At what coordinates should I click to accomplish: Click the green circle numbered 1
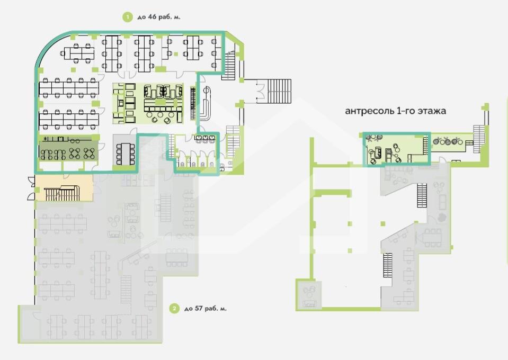click(128, 17)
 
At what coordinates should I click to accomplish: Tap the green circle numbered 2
click(174, 309)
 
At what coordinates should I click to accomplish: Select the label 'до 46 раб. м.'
click(159, 17)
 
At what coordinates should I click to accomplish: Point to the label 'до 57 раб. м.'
click(206, 309)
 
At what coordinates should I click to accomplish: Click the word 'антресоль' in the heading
click(369, 111)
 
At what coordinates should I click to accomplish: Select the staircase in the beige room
click(62, 193)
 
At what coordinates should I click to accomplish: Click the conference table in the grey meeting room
click(125, 154)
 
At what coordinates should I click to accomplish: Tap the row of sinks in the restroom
click(205, 139)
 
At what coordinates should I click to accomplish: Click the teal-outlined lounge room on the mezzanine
click(396, 149)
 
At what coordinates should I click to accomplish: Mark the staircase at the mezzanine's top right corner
click(479, 139)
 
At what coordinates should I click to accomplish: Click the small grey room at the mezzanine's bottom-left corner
click(309, 294)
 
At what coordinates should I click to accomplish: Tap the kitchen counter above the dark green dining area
click(68, 140)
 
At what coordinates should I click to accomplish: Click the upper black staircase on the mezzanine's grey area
click(422, 195)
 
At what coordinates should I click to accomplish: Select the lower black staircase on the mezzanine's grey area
click(387, 265)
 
